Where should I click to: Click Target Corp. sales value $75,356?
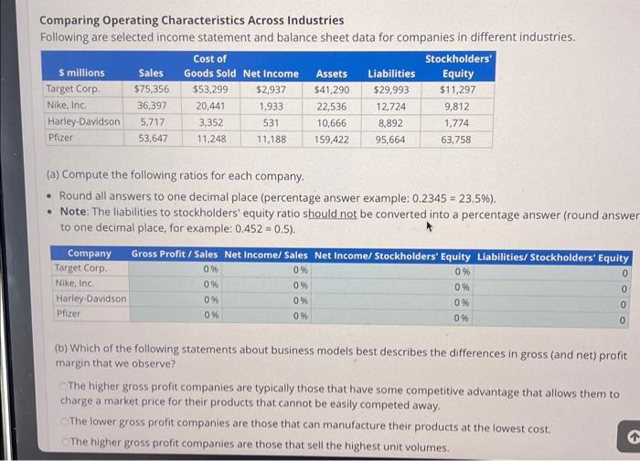pos(151,89)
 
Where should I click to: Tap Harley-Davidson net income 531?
pos(271,122)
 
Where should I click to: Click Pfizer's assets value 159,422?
pos(331,139)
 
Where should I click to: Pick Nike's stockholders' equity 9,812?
pos(456,106)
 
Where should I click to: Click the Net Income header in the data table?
pos(271,73)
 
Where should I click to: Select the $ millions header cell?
pos(81,73)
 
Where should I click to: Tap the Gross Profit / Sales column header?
pos(175,255)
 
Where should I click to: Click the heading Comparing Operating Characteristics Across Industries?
pos(191,19)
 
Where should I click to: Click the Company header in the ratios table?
pos(89,255)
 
